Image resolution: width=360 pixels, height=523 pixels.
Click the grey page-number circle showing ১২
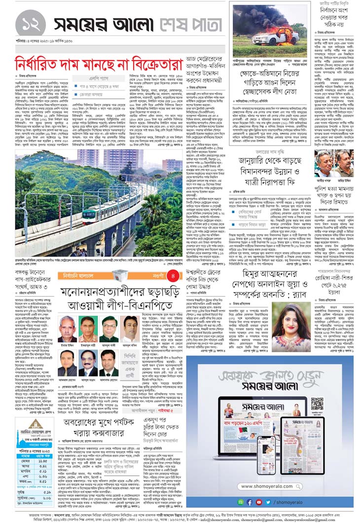tap(31, 24)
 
